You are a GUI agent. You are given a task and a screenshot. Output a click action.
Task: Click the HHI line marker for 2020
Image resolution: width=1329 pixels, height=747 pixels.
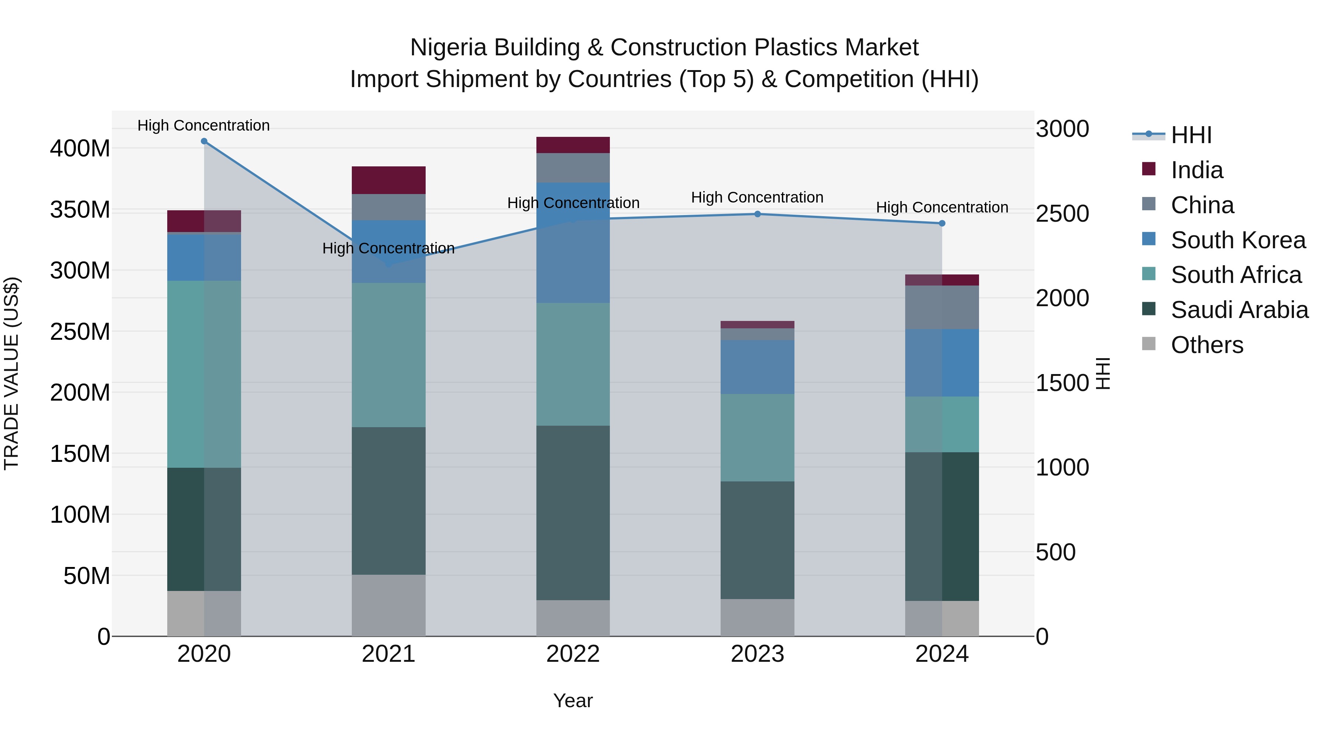(204, 141)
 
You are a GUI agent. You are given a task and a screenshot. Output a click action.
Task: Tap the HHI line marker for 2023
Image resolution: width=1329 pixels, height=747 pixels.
(758, 214)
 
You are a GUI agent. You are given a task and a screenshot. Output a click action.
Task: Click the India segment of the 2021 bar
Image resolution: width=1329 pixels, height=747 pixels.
(388, 180)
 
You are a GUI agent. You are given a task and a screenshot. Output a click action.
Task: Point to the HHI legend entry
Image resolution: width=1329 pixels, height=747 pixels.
(1191, 135)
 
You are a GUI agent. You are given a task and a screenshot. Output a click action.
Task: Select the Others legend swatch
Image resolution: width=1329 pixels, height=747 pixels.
(1148, 344)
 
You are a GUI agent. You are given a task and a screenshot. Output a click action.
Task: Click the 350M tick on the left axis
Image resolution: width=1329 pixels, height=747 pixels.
(80, 210)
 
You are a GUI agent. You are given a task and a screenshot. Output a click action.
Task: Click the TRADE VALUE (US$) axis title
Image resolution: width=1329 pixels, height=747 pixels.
(11, 374)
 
